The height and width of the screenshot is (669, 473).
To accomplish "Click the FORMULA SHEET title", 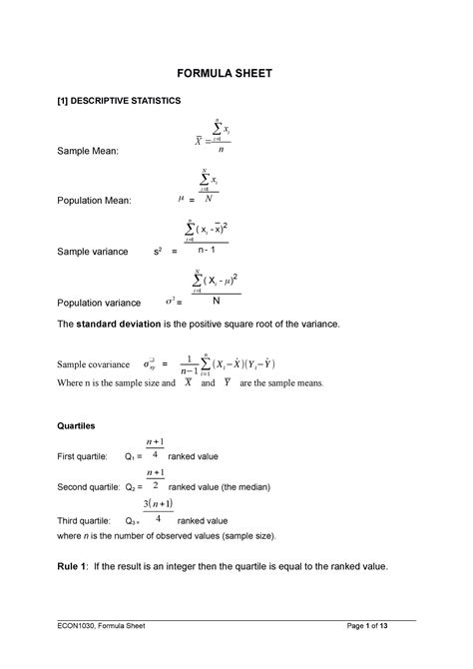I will pos(236,74).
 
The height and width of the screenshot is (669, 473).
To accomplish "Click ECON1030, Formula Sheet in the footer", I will pos(109,652).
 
